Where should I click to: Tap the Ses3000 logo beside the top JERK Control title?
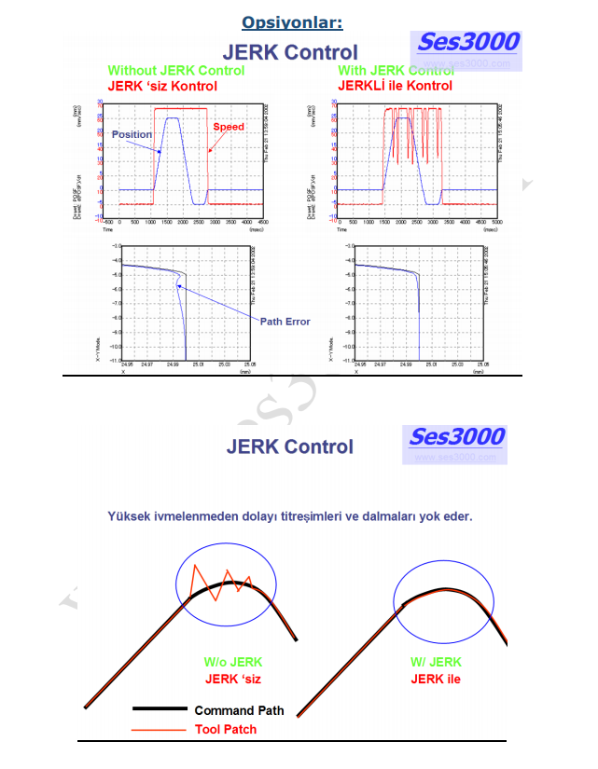pos(468,43)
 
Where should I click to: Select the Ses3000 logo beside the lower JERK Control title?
pos(457,437)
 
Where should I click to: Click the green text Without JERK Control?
pos(176,71)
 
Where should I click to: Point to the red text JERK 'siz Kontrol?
pos(162,87)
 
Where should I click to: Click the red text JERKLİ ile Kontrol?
pos(395,87)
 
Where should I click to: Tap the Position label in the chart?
pos(132,135)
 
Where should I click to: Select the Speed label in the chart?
pos(229,126)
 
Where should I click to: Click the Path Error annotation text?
pos(285,322)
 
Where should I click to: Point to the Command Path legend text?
pos(239,711)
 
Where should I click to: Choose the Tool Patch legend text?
pos(226,729)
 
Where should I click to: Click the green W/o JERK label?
pos(233,663)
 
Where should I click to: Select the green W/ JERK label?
pos(436,663)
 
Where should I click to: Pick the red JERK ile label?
pos(436,679)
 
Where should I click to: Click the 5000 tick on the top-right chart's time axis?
pos(496,223)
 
